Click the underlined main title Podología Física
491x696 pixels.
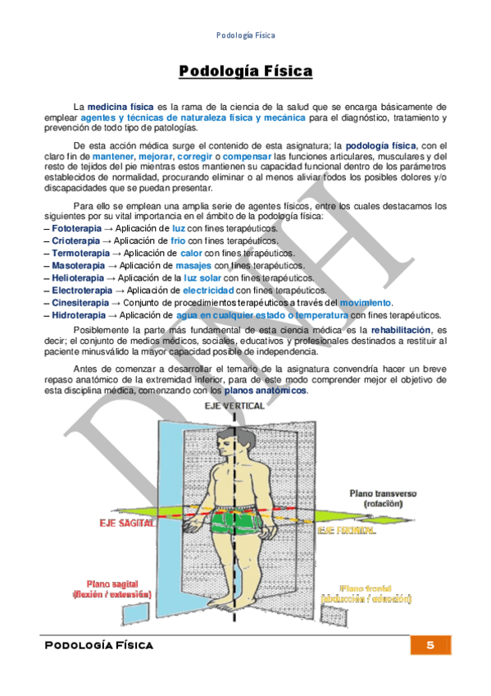tap(245, 72)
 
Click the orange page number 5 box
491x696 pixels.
tap(430, 645)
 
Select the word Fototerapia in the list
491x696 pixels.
tap(76, 227)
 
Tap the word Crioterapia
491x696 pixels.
tap(75, 240)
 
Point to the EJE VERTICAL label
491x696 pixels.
tap(235, 405)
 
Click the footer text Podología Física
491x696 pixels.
tap(98, 645)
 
